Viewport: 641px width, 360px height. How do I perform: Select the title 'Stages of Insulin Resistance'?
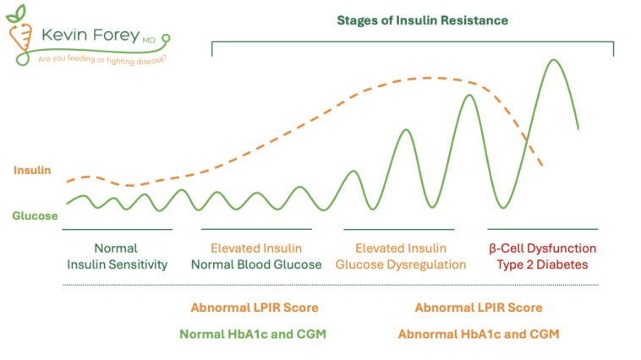(x=412, y=19)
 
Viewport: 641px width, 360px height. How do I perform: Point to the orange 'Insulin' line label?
(x=32, y=170)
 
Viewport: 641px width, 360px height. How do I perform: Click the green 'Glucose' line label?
(x=35, y=215)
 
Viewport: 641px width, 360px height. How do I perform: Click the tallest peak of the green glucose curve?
(x=555, y=61)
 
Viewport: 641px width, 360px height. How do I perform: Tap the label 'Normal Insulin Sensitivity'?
(x=118, y=256)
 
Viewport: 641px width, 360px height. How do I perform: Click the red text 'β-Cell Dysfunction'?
(x=543, y=248)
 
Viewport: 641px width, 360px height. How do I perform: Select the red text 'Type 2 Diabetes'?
(x=543, y=265)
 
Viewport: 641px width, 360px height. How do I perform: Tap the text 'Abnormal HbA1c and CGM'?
(x=479, y=334)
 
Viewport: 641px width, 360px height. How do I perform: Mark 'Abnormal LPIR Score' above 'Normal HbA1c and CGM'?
(x=255, y=308)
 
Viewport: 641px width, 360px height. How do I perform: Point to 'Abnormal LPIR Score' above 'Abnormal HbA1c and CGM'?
(x=479, y=308)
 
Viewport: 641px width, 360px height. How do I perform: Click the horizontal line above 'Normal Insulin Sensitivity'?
(x=118, y=229)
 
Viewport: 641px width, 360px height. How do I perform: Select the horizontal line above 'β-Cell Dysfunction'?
(x=543, y=229)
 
